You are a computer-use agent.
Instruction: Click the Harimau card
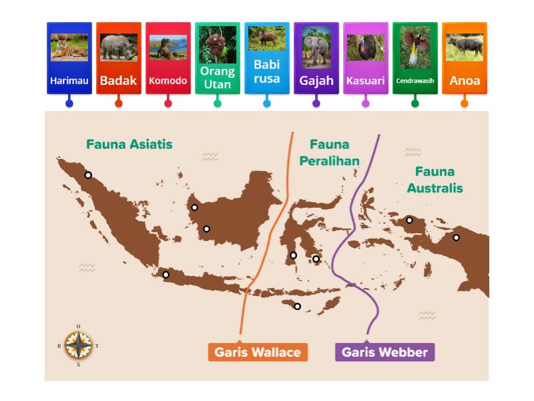click(69, 59)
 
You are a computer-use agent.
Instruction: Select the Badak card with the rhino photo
click(119, 59)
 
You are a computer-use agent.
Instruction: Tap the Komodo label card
click(168, 59)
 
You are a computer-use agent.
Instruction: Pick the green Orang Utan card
click(218, 59)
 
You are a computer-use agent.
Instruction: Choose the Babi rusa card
click(267, 59)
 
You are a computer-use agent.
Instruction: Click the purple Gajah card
click(316, 59)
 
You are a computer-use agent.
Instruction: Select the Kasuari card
click(366, 59)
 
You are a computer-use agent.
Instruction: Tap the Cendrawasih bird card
click(415, 59)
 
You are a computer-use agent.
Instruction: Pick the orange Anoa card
click(465, 59)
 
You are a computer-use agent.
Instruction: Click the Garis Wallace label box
click(258, 352)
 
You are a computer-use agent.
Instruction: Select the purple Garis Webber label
click(384, 352)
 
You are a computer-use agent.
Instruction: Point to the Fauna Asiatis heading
click(129, 144)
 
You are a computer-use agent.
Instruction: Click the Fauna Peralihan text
click(329, 152)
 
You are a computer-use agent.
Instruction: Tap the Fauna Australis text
click(435, 180)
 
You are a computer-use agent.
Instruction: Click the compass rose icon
click(79, 345)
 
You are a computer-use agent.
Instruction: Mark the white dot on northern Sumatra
click(88, 175)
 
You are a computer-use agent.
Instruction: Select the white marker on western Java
click(166, 275)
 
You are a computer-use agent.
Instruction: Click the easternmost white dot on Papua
click(457, 237)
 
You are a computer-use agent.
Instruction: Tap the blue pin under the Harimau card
click(69, 103)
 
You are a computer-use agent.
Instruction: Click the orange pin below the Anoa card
click(465, 103)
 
